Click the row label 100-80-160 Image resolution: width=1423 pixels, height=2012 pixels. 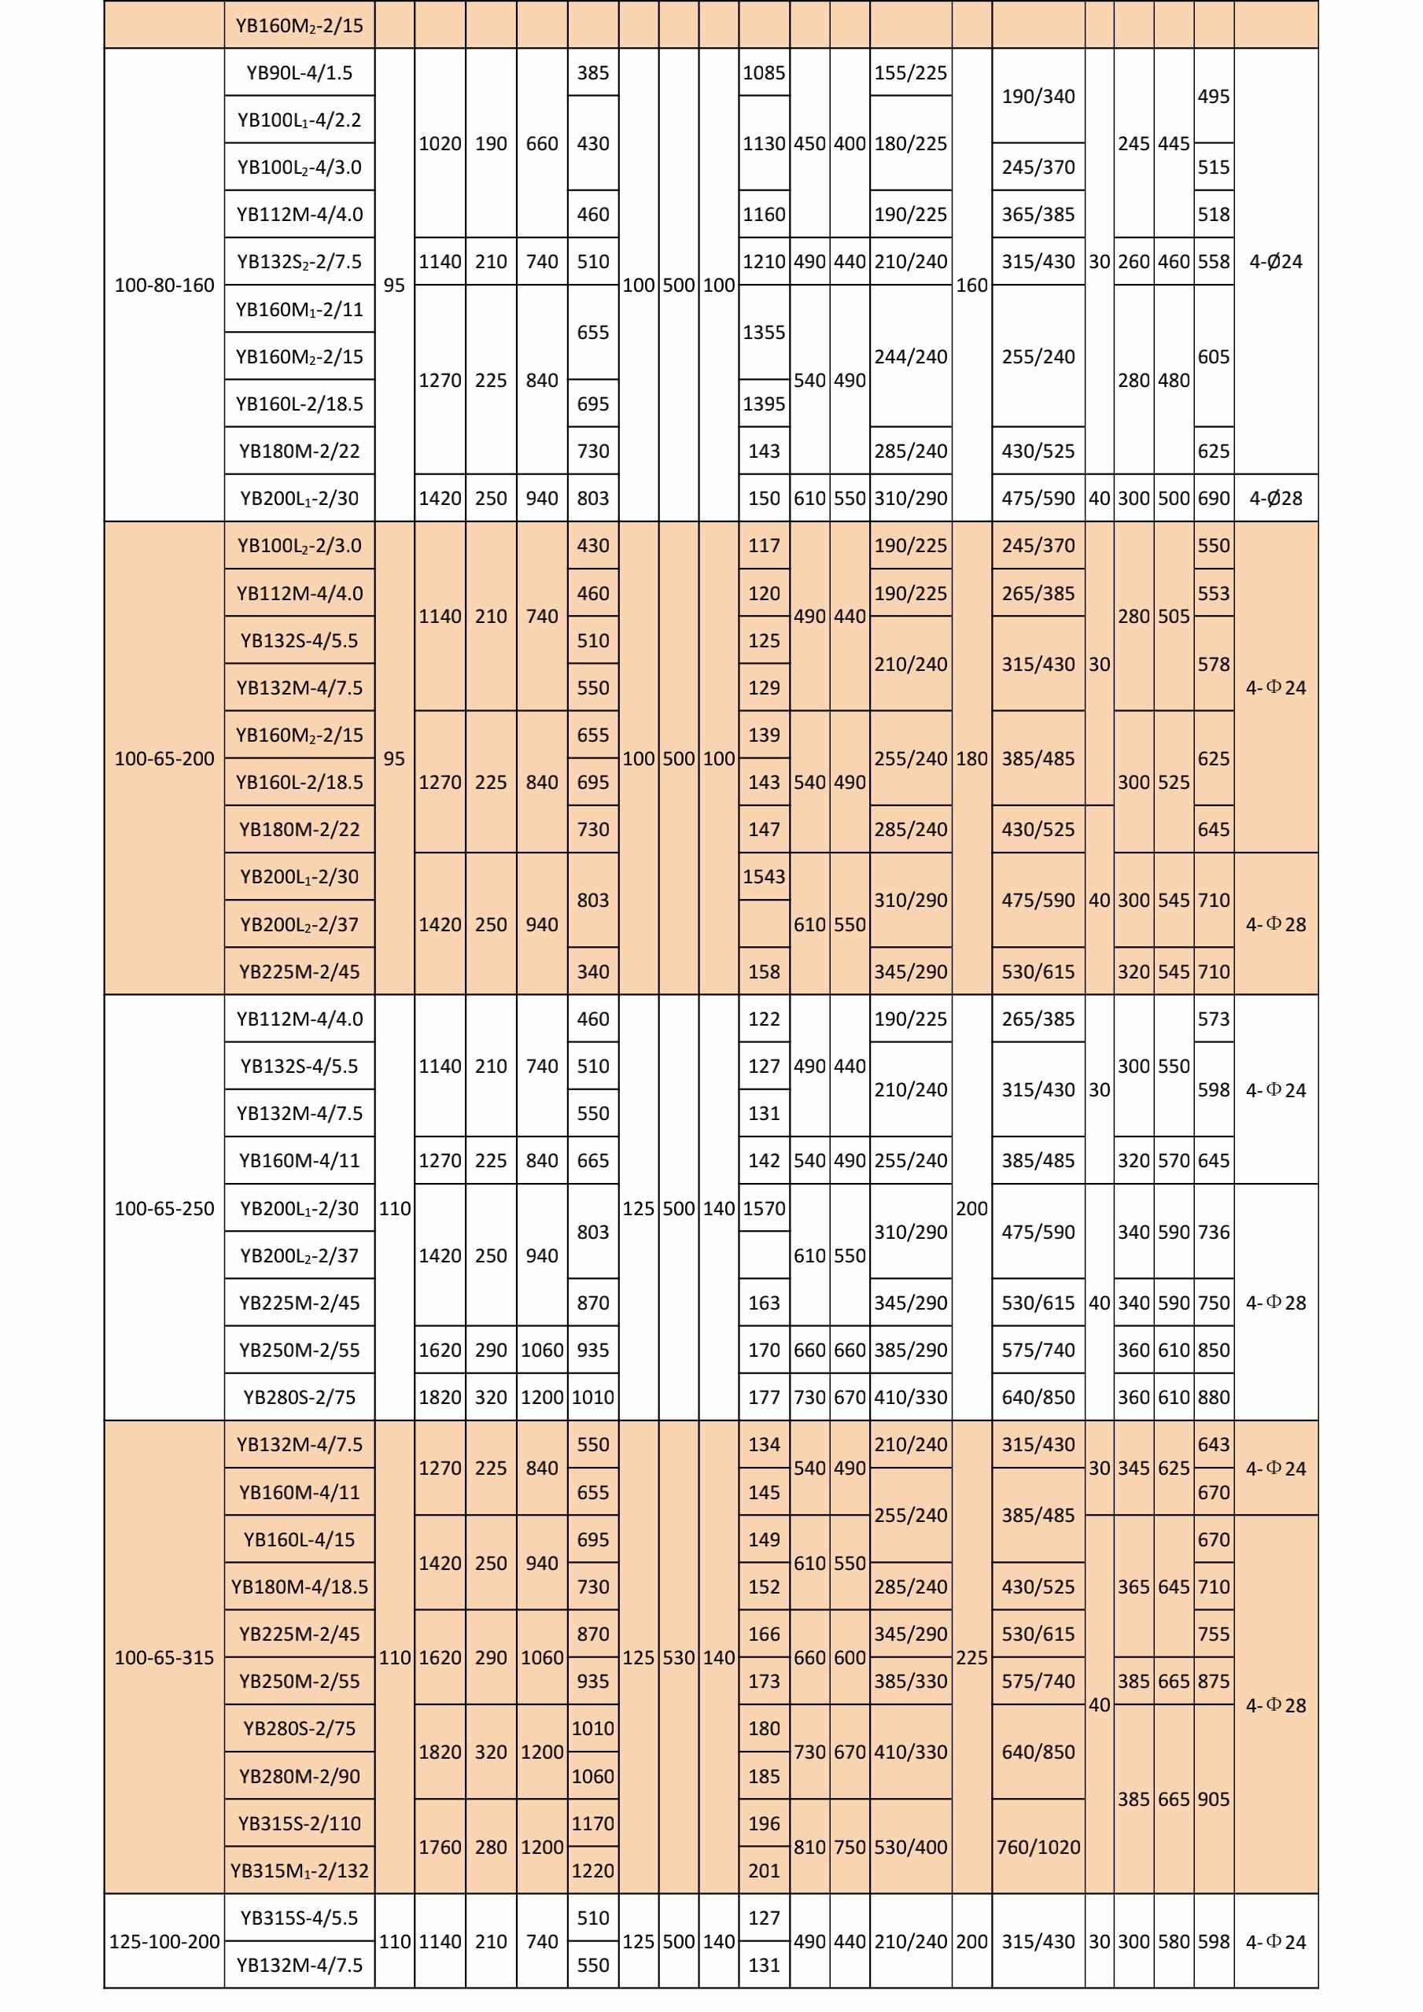(164, 285)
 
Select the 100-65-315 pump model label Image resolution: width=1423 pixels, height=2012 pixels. (164, 1657)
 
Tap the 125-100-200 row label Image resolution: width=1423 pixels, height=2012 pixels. (164, 1941)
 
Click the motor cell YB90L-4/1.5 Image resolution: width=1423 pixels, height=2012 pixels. (299, 72)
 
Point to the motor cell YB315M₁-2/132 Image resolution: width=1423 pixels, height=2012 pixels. (299, 1870)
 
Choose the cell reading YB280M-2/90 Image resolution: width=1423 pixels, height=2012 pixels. (299, 1775)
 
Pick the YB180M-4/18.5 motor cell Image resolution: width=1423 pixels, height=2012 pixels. (299, 1586)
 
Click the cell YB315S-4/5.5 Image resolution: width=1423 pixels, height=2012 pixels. (299, 1918)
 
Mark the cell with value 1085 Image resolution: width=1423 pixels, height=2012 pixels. (763, 72)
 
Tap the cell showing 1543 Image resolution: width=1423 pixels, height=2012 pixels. (763, 876)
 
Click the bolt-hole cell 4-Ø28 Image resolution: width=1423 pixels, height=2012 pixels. (1275, 498)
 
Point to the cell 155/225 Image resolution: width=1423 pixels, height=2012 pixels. (910, 72)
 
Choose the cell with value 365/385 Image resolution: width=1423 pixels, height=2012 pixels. (1038, 214)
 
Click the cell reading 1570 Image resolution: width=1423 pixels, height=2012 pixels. (763, 1208)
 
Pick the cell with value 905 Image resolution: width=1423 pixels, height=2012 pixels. (1213, 1799)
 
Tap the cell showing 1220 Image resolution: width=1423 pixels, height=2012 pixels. (592, 1870)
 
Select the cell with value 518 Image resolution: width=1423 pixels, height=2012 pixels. (1213, 214)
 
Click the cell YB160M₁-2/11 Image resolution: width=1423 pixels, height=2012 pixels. (299, 309)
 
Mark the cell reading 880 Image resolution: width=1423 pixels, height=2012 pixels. (1213, 1397)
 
